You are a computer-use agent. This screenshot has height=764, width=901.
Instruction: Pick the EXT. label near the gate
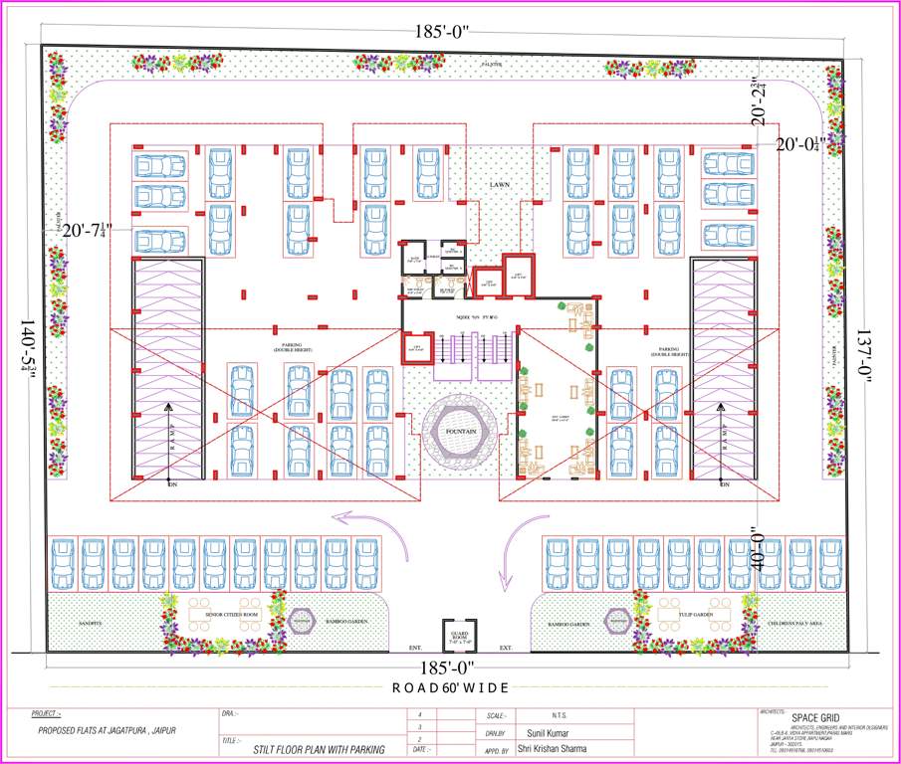pos(505,648)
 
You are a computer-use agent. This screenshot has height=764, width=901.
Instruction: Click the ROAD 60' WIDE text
pos(450,687)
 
